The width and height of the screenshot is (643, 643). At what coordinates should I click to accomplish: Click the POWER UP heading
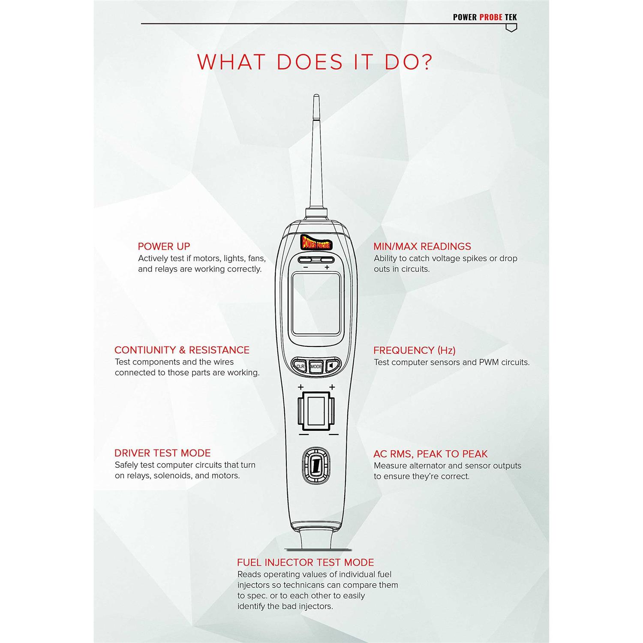click(164, 246)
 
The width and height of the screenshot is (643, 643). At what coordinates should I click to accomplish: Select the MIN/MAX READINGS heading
click(422, 246)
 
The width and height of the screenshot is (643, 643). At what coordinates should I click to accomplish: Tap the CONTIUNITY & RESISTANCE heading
click(182, 350)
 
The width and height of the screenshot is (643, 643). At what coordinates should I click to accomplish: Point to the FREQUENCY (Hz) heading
click(415, 350)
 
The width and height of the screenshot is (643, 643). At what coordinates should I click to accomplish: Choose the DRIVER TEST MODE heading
click(162, 453)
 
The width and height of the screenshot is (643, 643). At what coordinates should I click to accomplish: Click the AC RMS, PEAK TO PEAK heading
click(430, 454)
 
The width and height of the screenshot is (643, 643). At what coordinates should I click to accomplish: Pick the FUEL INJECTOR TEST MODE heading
click(306, 562)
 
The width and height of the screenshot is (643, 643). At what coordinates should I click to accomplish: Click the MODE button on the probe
click(316, 367)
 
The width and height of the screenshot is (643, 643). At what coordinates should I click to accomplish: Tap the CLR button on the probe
click(300, 367)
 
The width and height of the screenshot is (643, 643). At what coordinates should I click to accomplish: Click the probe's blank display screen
click(316, 304)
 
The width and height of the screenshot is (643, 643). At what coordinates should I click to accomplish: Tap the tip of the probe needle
click(316, 95)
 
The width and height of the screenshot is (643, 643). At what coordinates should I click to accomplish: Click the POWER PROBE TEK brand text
click(485, 17)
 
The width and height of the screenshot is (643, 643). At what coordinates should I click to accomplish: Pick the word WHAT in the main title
click(231, 62)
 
